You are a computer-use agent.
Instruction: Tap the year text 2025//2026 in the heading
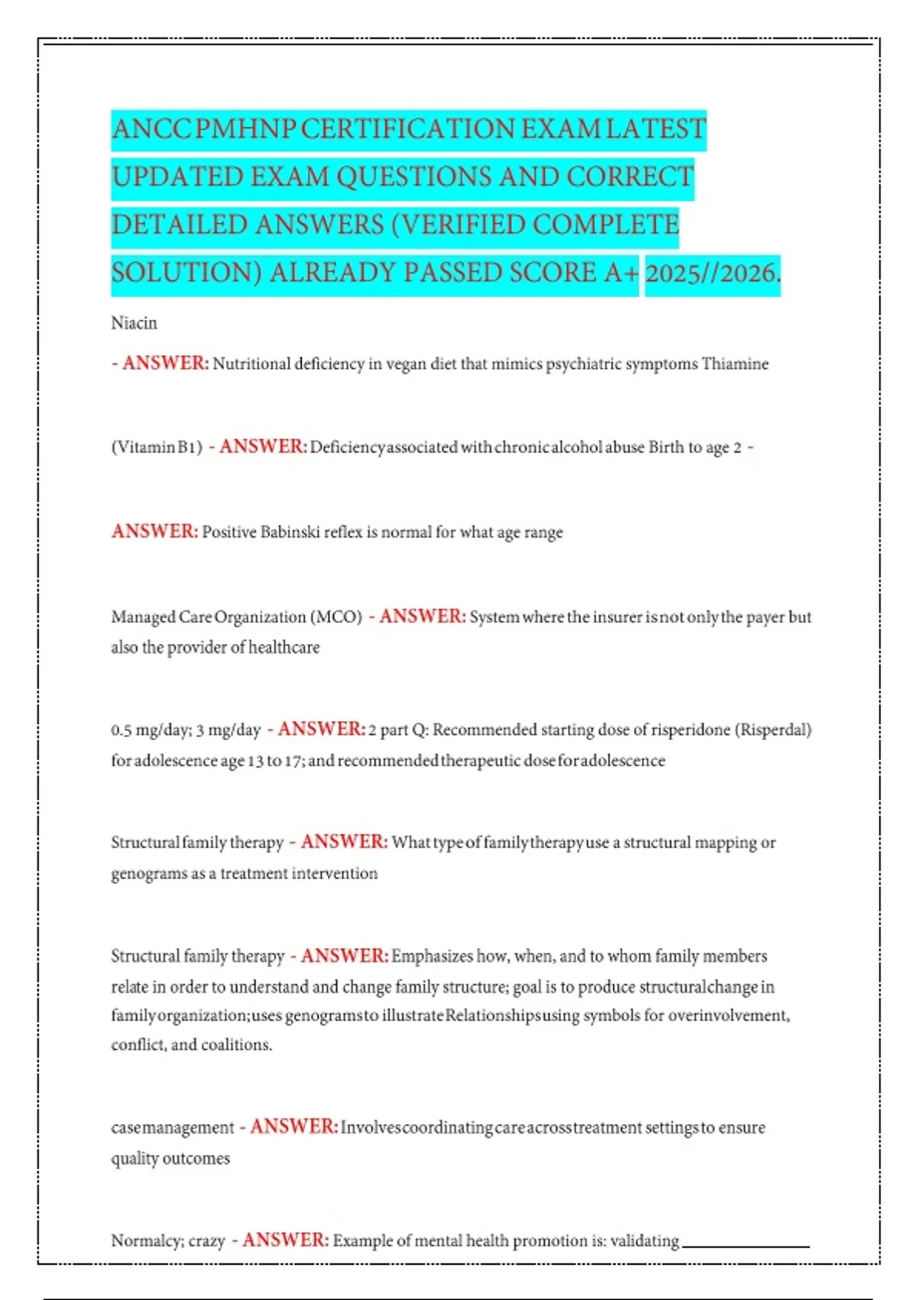pyautogui.click(x=711, y=273)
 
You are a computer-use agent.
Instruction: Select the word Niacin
pyautogui.click(x=134, y=323)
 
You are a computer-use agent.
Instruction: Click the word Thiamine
pyautogui.click(x=735, y=364)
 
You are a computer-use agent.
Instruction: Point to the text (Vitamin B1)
pyautogui.click(x=157, y=447)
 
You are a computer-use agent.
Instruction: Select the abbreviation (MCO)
pyautogui.click(x=335, y=617)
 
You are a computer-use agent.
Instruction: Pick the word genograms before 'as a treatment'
pyautogui.click(x=147, y=873)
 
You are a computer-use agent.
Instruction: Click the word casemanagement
pyautogui.click(x=172, y=1128)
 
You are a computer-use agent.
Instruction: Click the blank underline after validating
pyautogui.click(x=745, y=1245)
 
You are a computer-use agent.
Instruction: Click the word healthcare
pyautogui.click(x=284, y=648)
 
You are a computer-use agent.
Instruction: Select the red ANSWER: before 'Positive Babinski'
pyautogui.click(x=154, y=531)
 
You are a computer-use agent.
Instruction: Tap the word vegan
pyautogui.click(x=405, y=364)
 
